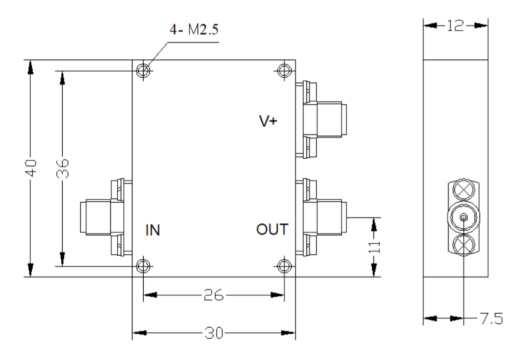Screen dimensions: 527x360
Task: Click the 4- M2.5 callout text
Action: (194, 29)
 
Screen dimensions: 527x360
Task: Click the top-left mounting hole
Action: (144, 70)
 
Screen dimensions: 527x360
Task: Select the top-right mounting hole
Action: (284, 70)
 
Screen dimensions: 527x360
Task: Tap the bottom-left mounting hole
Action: (144, 266)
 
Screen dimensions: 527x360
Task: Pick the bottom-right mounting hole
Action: (284, 266)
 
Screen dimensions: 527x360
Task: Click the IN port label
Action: (152, 230)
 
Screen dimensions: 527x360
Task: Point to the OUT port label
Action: (272, 229)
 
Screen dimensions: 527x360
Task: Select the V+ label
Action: (268, 121)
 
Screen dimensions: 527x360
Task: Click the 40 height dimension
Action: (31, 168)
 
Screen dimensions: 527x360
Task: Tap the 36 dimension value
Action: (63, 168)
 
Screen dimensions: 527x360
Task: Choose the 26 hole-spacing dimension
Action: (214, 295)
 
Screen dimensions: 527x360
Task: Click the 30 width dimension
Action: (214, 333)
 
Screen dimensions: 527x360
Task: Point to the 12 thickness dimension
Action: (456, 26)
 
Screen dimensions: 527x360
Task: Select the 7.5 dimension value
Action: (491, 318)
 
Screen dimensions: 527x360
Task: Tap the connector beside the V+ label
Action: (321, 120)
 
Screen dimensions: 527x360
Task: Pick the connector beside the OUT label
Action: (321, 217)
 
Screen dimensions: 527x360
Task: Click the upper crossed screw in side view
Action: (463, 190)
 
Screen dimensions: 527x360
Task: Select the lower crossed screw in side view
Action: (463, 245)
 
